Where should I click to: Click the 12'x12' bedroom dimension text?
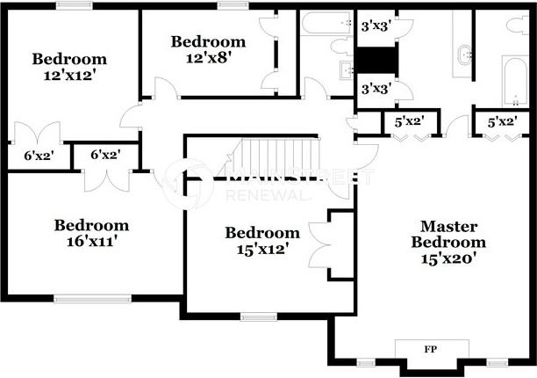(69, 75)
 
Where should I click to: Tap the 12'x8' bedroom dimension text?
(208, 57)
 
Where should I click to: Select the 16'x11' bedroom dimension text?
(91, 240)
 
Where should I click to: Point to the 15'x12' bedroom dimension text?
(262, 249)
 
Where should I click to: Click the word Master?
(448, 226)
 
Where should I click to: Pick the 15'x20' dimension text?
(448, 258)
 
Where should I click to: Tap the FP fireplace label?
(430, 349)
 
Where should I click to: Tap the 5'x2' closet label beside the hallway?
(408, 122)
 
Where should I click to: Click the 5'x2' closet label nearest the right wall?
(502, 122)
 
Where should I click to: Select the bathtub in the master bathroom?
(512, 79)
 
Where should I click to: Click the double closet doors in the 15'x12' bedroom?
(319, 246)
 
